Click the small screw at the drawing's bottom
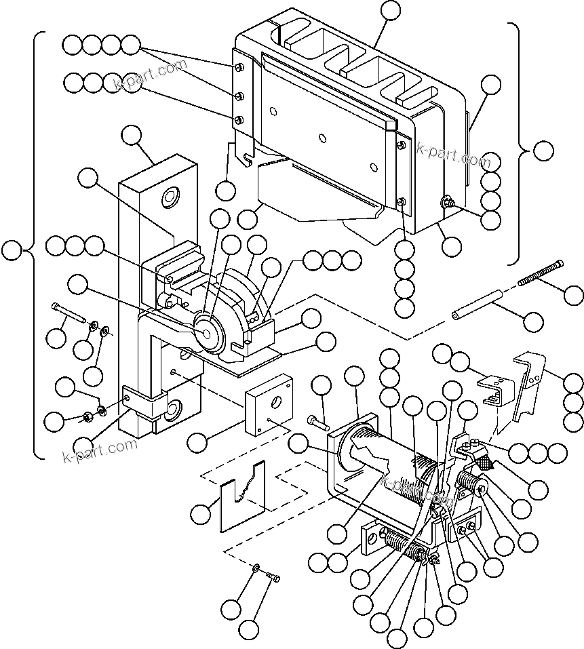273,577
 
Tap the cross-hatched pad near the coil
488,463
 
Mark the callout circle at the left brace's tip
11,251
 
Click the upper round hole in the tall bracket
168,199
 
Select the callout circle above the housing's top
391,9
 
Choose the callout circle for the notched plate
200,514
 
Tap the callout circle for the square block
197,442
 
